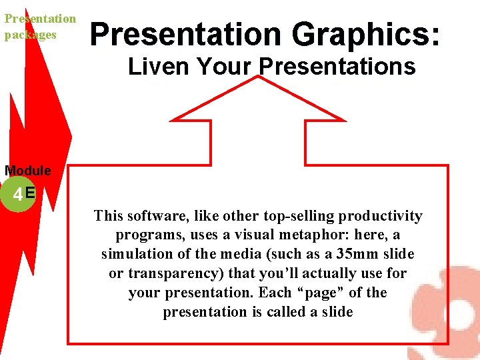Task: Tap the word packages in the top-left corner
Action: [x=31, y=35]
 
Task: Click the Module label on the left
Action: [x=27, y=171]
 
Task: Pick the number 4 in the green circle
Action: [x=17, y=195]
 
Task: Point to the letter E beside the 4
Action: [x=30, y=193]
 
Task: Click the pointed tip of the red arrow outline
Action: [x=258, y=77]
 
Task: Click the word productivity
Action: [x=381, y=216]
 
